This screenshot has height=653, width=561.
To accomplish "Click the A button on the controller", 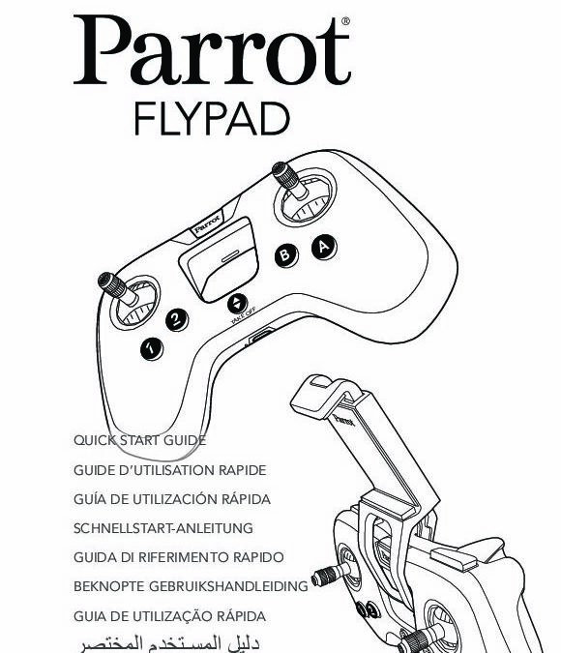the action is pos(324,248).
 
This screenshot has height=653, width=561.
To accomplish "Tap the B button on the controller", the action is pos(285,255).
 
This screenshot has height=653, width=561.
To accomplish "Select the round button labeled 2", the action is pos(177,320).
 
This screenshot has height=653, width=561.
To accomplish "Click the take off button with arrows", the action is pos(237,304).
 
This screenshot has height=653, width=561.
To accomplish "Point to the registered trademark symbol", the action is pos(345,21).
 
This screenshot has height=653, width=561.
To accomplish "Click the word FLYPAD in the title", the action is pos(212,119).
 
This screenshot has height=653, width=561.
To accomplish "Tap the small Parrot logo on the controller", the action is pos(207,223).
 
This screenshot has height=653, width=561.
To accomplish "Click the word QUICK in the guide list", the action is pos(95,440).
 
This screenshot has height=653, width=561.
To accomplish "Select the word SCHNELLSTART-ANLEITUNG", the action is pos(163,528).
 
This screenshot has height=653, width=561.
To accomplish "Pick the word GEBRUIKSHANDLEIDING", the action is pos(228,586).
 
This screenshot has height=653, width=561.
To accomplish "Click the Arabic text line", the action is pos(170,643).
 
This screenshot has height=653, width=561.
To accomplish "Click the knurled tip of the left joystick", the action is pos(111,284).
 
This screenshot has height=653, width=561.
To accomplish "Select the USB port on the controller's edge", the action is pos(261,335).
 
